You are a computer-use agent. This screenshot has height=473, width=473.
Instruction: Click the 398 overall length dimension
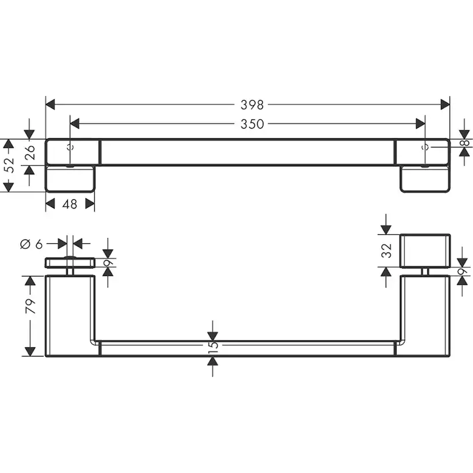[x=252, y=105]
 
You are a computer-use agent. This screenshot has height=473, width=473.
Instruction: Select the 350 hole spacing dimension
[x=252, y=124]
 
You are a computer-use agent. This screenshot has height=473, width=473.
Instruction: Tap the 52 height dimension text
[x=10, y=165]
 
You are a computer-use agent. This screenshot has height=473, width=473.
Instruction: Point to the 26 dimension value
[x=30, y=153]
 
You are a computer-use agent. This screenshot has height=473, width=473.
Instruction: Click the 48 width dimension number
[x=70, y=204]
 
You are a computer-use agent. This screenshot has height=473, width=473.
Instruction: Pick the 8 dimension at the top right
[x=466, y=143]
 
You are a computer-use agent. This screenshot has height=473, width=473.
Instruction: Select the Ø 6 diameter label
[x=31, y=244]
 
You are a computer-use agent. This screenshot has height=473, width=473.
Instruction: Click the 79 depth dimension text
[x=30, y=306]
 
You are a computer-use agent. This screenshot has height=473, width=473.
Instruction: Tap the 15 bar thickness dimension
[x=213, y=346]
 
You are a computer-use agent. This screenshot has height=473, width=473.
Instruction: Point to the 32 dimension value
[x=386, y=251]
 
